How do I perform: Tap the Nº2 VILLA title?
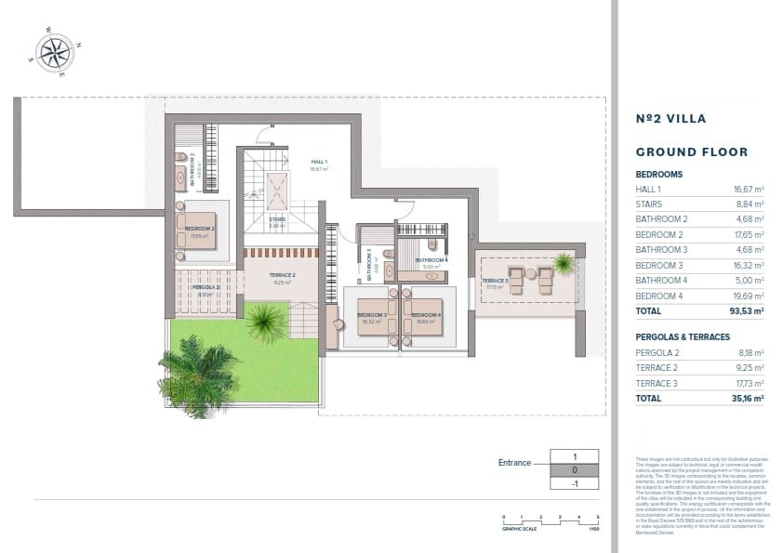coord(670,119)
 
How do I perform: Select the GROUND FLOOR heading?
coord(691,151)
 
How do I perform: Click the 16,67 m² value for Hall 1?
coord(749,189)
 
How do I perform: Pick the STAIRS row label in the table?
coord(650,204)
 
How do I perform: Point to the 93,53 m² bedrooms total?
coord(746,310)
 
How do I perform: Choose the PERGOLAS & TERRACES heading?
coord(683,336)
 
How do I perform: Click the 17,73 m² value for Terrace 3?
coord(749,383)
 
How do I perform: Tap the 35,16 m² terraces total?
coord(746,398)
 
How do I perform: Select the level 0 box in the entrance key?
coord(576,470)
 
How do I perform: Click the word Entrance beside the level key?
coord(514,463)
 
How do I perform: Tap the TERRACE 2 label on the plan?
coord(283,275)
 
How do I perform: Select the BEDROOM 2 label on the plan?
coord(199,228)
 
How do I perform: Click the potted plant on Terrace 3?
coord(563,263)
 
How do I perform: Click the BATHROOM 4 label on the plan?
coord(431,260)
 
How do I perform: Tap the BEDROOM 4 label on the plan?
coord(427,315)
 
